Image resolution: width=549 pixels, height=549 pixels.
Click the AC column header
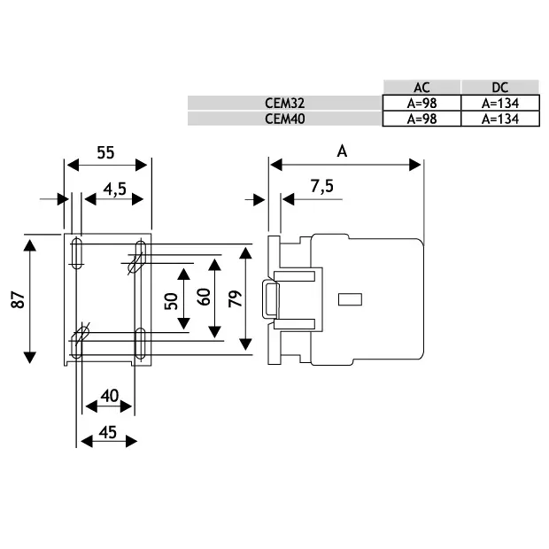(x=421, y=88)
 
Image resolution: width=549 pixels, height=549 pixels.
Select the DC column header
(x=500, y=88)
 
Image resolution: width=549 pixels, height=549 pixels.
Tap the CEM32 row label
(x=284, y=104)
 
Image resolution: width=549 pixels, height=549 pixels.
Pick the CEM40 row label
(x=284, y=119)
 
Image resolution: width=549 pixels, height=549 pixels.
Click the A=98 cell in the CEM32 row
(x=421, y=104)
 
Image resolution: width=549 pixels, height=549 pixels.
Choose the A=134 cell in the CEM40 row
(x=500, y=119)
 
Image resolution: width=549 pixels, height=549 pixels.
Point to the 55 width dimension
(x=105, y=152)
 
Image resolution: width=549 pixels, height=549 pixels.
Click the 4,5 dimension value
(x=115, y=189)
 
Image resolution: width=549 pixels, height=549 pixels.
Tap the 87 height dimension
(x=19, y=299)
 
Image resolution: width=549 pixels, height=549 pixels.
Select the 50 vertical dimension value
(x=171, y=301)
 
